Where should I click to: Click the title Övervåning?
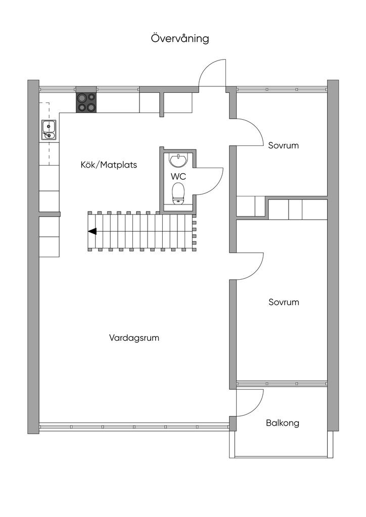(180, 38)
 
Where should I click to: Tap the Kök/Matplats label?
(109, 165)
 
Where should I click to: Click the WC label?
(178, 176)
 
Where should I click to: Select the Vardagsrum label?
(134, 338)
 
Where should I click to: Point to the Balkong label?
(283, 423)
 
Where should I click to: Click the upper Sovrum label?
(284, 145)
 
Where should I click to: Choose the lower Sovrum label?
(284, 302)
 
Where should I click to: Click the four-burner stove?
(86, 102)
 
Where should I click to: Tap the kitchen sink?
(49, 129)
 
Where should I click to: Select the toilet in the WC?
(178, 193)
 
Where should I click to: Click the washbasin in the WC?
(178, 160)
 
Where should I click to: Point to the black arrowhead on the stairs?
(92, 232)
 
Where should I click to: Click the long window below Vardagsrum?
(134, 425)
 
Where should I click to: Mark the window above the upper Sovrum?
(282, 89)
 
